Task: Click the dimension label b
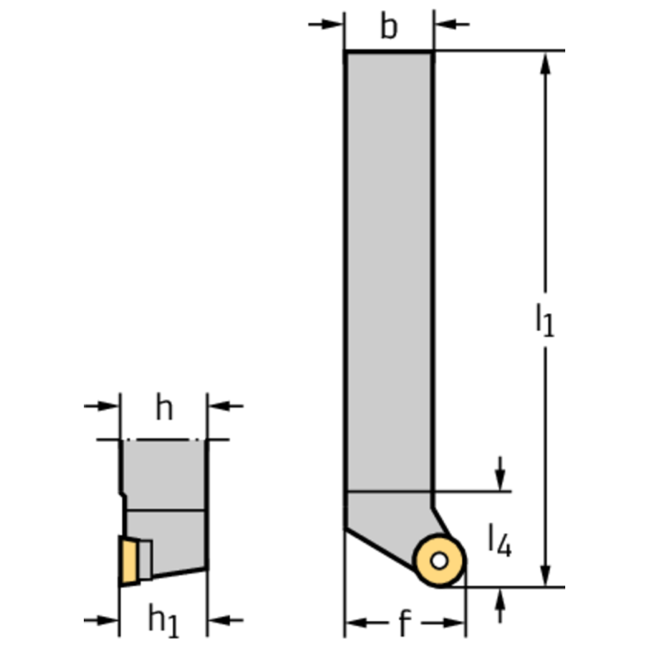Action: (388, 26)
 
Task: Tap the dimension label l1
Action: (545, 320)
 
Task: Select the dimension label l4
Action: (500, 540)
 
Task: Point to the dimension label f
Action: (404, 622)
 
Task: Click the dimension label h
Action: (164, 407)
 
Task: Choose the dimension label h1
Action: (163, 621)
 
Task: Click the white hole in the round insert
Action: (439, 561)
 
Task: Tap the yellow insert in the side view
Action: (129, 561)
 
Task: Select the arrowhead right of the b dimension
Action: (445, 25)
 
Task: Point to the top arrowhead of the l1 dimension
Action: (546, 63)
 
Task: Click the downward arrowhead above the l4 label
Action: (500, 480)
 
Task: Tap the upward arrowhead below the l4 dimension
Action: (500, 598)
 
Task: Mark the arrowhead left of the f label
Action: (356, 622)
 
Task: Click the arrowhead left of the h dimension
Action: (108, 406)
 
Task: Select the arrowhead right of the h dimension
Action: (219, 406)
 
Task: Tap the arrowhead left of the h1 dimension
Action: (107, 620)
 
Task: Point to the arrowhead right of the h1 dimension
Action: (219, 620)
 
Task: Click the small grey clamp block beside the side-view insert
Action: (146, 560)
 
